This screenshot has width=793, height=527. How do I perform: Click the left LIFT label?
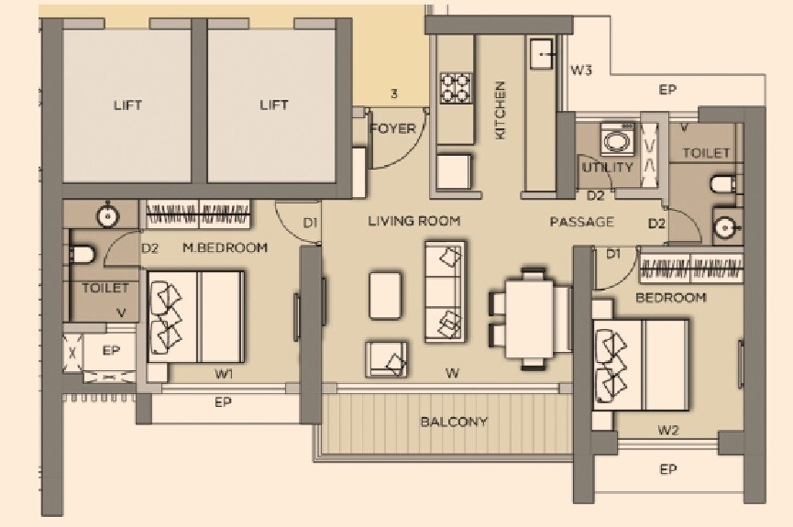click(128, 105)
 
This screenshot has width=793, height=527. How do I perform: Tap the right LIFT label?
click(274, 105)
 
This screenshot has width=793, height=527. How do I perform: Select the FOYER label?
click(392, 129)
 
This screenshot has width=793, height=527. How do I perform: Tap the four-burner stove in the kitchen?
click(456, 88)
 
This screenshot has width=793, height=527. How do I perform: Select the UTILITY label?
click(607, 168)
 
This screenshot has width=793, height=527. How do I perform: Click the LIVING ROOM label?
click(414, 221)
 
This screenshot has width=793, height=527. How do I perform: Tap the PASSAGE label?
click(581, 222)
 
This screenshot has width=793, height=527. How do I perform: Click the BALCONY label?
click(454, 423)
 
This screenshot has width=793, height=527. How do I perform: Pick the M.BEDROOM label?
click(225, 247)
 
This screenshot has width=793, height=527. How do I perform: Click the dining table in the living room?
click(530, 315)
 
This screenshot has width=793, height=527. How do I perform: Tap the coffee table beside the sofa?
click(386, 295)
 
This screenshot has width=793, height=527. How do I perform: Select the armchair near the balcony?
click(388, 358)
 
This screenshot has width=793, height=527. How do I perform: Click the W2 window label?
click(667, 429)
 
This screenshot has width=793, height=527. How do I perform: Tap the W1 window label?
click(224, 374)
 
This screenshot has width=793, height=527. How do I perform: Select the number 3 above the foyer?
click(393, 93)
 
